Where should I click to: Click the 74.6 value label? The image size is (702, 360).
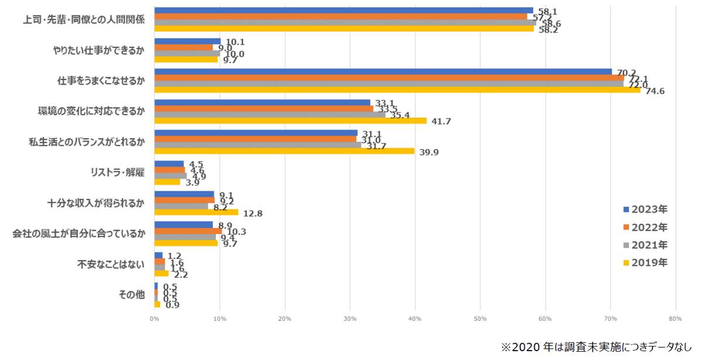(656, 91)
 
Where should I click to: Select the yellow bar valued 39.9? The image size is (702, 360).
(284, 151)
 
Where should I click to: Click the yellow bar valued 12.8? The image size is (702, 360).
(196, 212)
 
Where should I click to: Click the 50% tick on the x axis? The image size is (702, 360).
(480, 319)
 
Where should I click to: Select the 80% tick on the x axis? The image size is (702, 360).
(675, 319)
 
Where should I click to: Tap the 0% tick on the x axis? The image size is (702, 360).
(154, 319)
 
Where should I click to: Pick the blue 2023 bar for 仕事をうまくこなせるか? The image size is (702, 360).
(383, 72)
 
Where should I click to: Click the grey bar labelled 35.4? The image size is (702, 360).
(270, 115)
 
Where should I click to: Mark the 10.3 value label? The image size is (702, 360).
(236, 232)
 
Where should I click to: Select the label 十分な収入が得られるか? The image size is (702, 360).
(96, 204)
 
